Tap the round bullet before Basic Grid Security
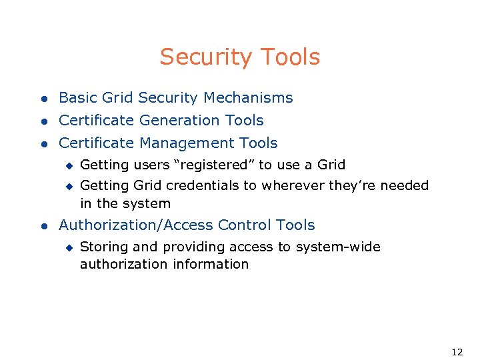pyautogui.click(x=43, y=99)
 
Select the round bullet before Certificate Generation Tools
pyautogui.click(x=43, y=121)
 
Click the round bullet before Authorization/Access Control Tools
pyautogui.click(x=43, y=226)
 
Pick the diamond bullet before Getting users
pyautogui.click(x=67, y=165)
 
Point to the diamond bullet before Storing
pyautogui.click(x=67, y=248)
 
